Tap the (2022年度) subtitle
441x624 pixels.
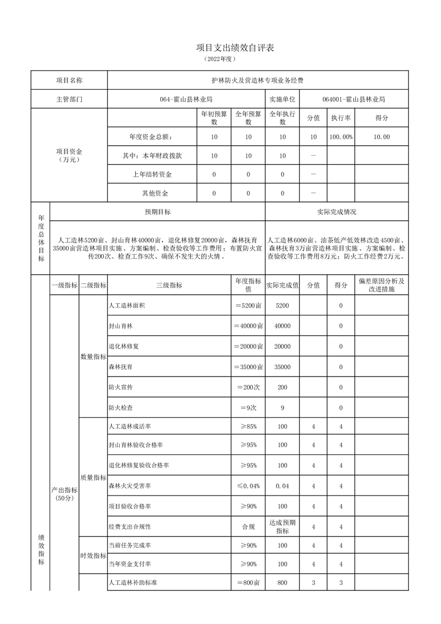220,58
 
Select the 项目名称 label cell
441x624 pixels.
69,80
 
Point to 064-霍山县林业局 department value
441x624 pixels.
186,100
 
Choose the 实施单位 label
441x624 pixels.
283,100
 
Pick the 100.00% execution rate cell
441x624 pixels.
340,137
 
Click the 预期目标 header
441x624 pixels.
157,212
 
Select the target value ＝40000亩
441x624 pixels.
247,326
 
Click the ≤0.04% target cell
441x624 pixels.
247,486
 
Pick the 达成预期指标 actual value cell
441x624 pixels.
283,526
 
